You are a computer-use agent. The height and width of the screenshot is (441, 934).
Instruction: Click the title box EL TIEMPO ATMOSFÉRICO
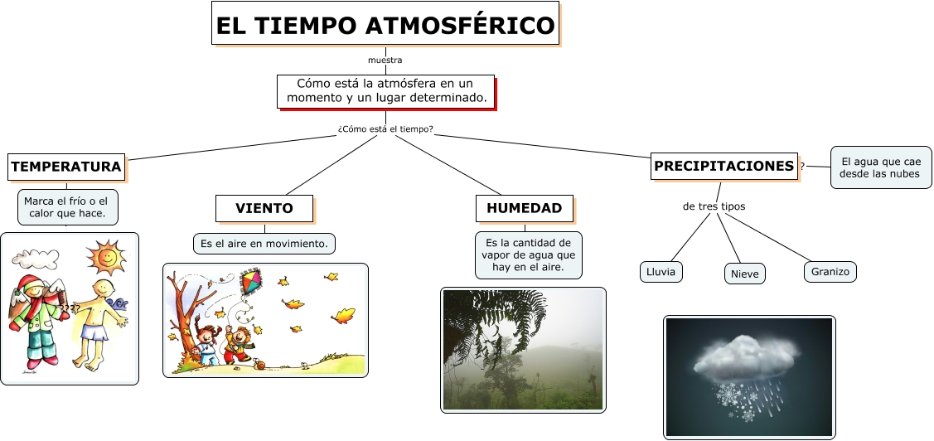(x=385, y=23)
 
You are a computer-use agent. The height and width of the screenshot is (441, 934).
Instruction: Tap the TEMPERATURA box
(x=66, y=167)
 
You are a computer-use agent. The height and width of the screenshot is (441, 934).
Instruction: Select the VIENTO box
(x=264, y=209)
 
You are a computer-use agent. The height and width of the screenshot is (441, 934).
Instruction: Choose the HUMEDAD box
(x=524, y=208)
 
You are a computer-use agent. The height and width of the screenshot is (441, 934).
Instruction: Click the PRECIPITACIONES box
(x=724, y=167)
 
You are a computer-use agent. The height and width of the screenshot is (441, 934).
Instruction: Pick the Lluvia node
(x=661, y=272)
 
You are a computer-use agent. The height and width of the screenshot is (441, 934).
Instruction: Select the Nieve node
(x=744, y=274)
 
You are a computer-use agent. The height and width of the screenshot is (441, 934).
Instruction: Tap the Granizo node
(x=830, y=272)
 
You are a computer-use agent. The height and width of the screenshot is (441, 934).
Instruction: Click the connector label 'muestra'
(x=385, y=61)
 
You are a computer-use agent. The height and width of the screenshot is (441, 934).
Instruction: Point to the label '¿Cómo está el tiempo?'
(x=385, y=128)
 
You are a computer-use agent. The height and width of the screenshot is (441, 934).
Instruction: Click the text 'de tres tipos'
(x=714, y=206)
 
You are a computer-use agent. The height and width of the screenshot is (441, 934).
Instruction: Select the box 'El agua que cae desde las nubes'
(x=881, y=167)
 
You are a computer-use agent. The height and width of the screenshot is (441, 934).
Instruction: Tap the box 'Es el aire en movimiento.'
(x=264, y=244)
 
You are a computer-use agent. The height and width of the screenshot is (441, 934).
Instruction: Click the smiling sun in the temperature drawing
(x=106, y=258)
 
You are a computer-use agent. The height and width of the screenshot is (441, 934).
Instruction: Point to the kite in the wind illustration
(x=251, y=282)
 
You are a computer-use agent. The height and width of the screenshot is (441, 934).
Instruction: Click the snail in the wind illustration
(x=259, y=364)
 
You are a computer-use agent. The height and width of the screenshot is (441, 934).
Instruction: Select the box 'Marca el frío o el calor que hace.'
(x=67, y=207)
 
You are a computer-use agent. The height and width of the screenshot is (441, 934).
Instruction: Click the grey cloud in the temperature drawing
(x=36, y=259)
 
